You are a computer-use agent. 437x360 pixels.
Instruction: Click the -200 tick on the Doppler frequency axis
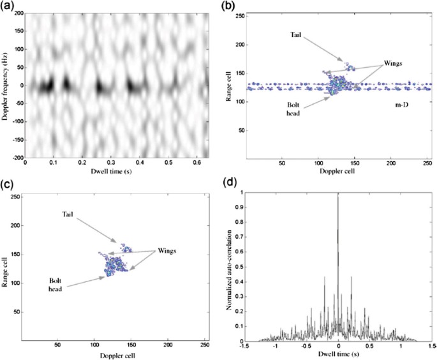coord(14,156)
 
